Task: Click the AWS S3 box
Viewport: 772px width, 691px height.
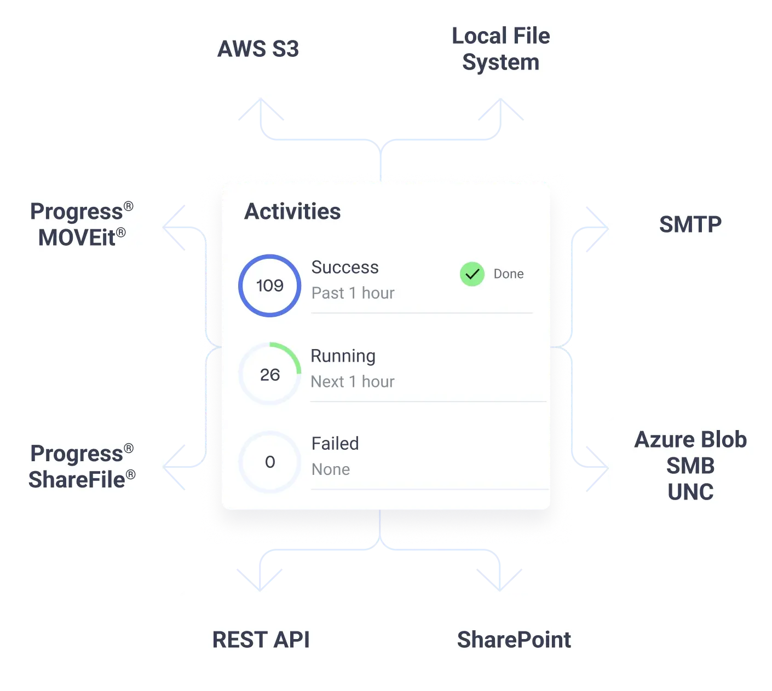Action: (260, 49)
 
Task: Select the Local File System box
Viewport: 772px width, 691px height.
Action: (501, 49)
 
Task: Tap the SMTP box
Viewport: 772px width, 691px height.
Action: (690, 225)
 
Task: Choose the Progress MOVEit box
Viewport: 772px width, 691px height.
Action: (82, 225)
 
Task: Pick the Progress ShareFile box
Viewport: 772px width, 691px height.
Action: (82, 466)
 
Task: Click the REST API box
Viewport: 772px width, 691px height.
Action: (261, 640)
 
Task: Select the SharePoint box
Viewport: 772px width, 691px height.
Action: (514, 640)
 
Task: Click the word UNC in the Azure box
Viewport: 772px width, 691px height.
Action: (690, 492)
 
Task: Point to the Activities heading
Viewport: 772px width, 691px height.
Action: (292, 212)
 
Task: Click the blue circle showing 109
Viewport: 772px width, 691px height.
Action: (270, 286)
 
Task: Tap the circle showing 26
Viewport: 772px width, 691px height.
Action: (270, 375)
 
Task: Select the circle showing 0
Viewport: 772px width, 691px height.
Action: (270, 462)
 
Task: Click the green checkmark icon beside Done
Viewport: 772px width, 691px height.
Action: (472, 274)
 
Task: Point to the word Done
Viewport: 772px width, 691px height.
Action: (509, 274)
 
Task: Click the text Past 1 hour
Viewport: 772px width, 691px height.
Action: (353, 293)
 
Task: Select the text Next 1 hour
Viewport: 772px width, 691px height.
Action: (353, 382)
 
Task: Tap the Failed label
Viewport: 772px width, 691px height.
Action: (335, 444)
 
